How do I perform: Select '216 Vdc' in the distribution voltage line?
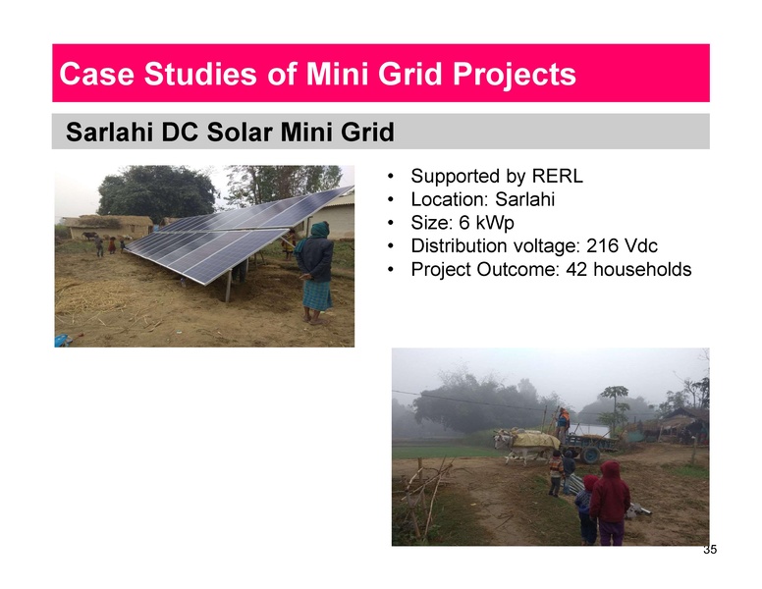pyautogui.click(x=620, y=245)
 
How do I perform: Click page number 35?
pyautogui.click(x=710, y=550)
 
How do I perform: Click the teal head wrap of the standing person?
pyautogui.click(x=319, y=230)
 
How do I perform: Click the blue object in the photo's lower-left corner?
pyautogui.click(x=62, y=340)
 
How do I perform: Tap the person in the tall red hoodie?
pyautogui.click(x=611, y=501)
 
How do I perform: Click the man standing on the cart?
pyautogui.click(x=563, y=421)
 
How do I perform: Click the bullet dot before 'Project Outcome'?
pyautogui.click(x=392, y=269)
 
